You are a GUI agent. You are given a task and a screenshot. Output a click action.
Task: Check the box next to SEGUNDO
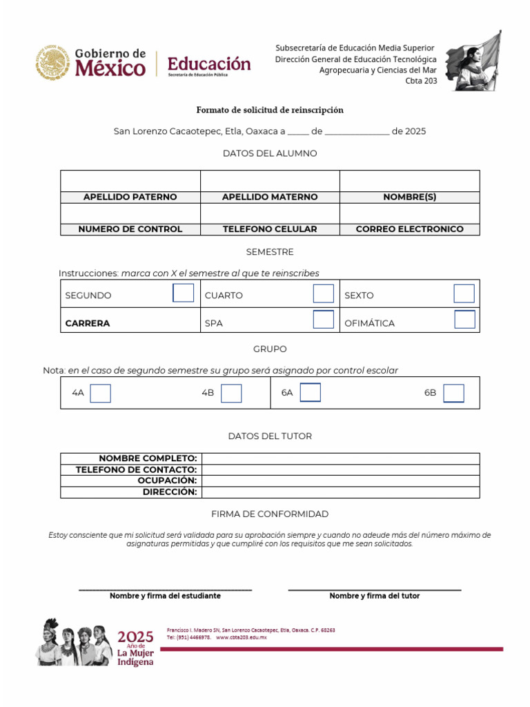(183, 293)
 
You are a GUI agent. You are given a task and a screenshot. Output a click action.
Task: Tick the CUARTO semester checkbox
(323, 293)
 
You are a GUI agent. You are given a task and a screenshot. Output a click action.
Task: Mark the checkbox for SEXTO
(464, 293)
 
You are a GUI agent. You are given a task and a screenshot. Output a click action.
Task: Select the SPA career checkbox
(323, 320)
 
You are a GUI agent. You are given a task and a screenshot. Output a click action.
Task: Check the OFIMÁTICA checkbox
(464, 320)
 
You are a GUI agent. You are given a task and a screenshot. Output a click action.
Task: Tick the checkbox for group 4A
(101, 393)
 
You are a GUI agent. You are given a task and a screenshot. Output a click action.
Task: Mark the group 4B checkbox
(231, 393)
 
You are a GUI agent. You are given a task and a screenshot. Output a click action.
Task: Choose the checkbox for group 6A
(311, 392)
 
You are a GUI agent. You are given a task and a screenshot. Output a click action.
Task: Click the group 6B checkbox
(453, 393)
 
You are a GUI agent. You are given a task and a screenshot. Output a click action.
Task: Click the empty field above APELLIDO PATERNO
(130, 181)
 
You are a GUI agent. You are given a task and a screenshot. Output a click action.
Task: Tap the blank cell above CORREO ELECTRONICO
(409, 213)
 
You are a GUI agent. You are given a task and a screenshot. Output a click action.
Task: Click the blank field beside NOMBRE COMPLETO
(340, 458)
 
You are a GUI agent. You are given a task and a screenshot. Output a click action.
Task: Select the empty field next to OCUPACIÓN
(340, 481)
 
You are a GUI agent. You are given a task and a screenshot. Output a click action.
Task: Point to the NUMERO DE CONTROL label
(130, 229)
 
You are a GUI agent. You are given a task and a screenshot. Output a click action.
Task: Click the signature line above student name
(165, 589)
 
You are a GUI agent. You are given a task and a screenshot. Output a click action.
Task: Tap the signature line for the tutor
(374, 589)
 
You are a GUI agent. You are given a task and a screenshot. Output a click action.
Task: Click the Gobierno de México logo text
(110, 63)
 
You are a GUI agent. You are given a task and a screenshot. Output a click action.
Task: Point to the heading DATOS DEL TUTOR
(270, 436)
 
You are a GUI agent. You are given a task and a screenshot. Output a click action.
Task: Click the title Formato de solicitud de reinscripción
(270, 110)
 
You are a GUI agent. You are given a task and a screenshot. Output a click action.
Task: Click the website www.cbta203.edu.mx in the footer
(241, 637)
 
